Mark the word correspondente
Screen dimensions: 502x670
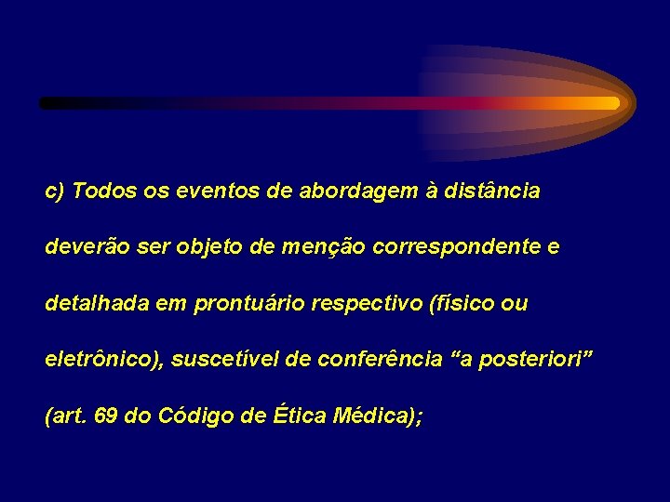point(453,248)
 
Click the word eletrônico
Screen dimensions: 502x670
point(102,359)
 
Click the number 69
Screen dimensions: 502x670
point(106,416)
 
